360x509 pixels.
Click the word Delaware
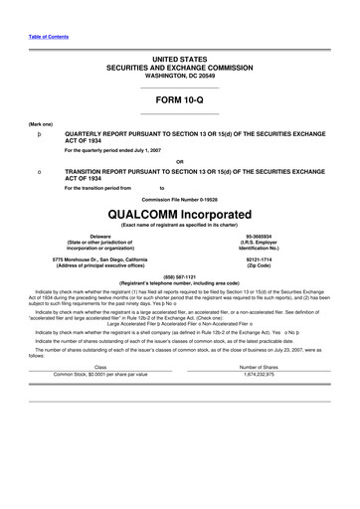(90, 237)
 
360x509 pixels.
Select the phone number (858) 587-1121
(180, 277)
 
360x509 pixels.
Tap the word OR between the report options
(180, 160)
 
